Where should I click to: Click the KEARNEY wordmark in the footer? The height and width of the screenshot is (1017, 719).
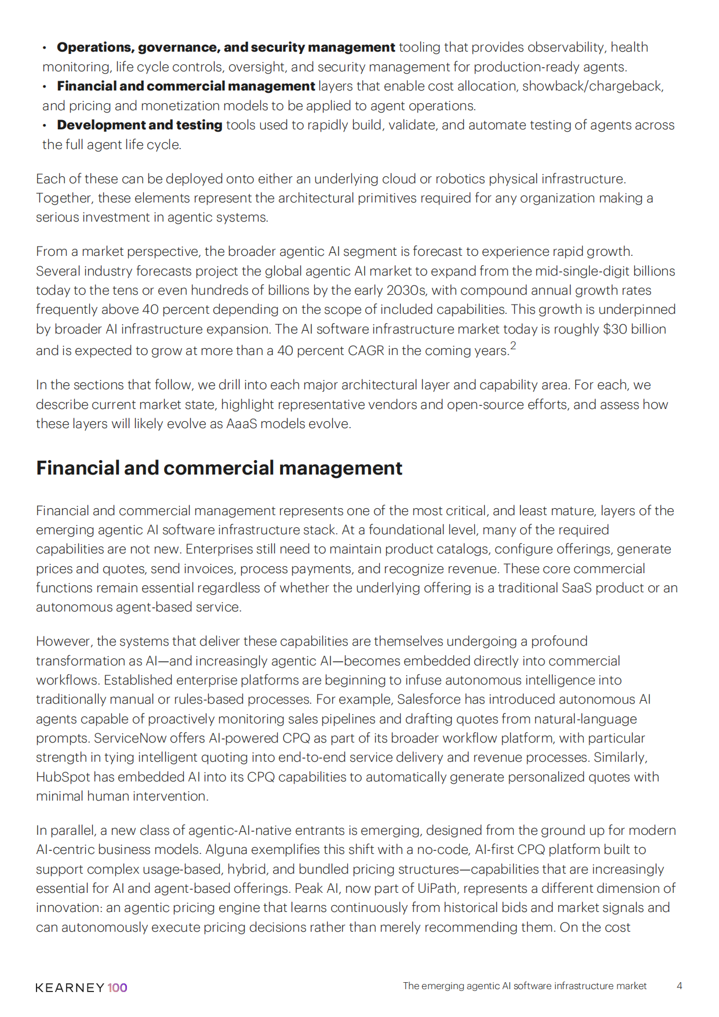[x=70, y=987]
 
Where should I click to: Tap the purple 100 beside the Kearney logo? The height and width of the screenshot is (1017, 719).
[x=117, y=987]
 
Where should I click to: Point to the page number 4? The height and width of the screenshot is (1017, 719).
[x=679, y=986]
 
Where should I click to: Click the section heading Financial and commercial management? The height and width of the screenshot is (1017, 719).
[x=219, y=468]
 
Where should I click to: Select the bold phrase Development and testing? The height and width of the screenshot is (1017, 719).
[x=139, y=125]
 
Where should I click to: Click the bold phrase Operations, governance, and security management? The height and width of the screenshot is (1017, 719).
[x=226, y=47]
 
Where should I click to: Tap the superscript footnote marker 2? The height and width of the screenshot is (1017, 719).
[x=513, y=346]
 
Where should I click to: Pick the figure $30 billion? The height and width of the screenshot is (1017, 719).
[x=634, y=329]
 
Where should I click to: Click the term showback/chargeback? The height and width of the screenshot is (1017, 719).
[x=593, y=86]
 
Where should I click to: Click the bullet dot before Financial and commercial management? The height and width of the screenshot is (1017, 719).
[x=45, y=86]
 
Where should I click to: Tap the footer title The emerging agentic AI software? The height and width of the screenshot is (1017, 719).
[x=524, y=986]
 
